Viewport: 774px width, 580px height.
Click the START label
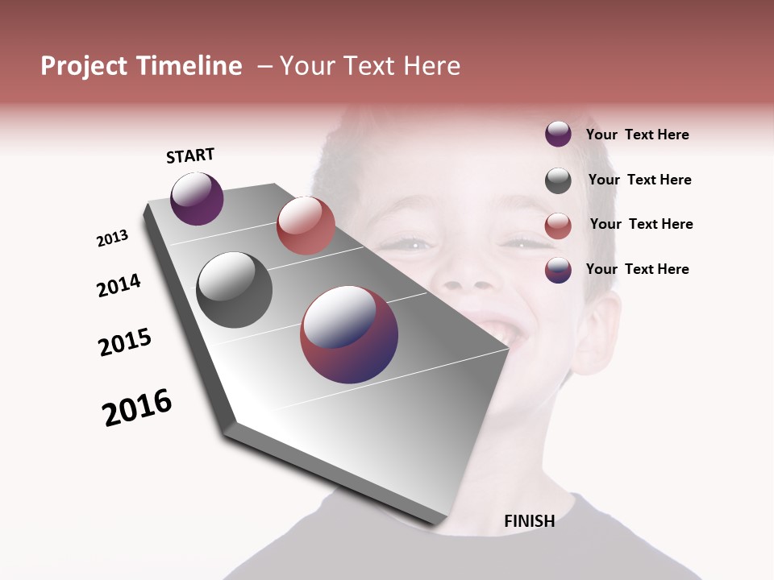pos(190,155)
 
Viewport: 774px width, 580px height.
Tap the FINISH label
pos(529,521)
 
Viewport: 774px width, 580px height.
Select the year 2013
pos(112,238)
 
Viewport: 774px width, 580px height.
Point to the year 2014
pos(119,285)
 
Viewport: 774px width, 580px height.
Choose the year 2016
pos(137,408)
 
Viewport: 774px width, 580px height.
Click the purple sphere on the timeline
pos(197,198)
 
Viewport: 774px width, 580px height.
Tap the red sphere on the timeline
pos(306,226)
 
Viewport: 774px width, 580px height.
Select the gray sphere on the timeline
pos(234,290)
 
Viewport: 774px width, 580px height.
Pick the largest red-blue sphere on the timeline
pos(349,334)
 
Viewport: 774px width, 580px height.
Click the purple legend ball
pos(558,135)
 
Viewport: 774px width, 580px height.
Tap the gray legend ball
pos(558,180)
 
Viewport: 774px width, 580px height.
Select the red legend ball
pos(558,226)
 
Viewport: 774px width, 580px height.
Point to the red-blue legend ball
pos(558,270)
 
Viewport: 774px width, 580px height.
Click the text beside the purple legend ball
pos(637,135)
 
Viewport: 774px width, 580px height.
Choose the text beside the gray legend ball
pos(639,180)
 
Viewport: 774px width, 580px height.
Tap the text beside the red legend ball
pos(641,224)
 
